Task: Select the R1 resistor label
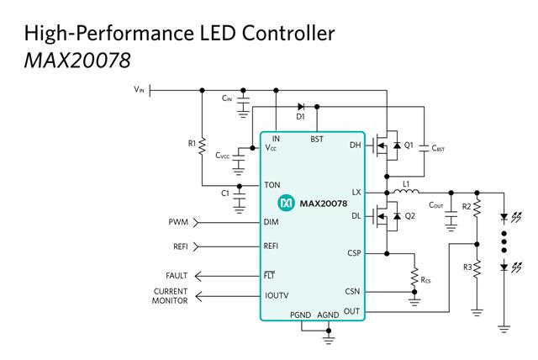(x=191, y=144)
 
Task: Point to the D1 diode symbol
(x=301, y=107)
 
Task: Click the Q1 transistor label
(x=409, y=146)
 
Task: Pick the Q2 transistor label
(x=409, y=215)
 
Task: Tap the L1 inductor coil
(x=406, y=193)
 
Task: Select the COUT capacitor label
(x=436, y=205)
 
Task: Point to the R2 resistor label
(x=467, y=206)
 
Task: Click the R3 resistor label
(x=467, y=266)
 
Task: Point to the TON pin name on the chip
(x=272, y=185)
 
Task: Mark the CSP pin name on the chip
(x=354, y=252)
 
